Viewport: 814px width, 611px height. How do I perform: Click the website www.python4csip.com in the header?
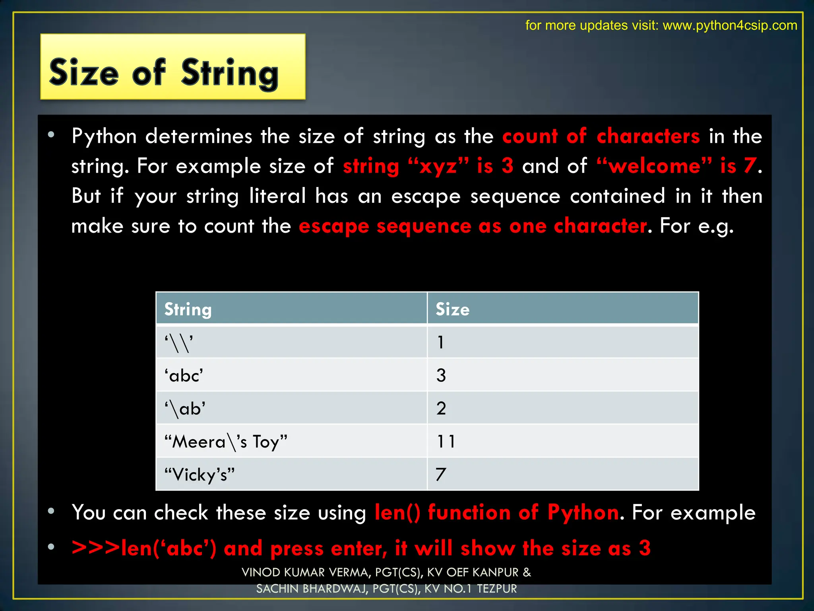click(x=730, y=25)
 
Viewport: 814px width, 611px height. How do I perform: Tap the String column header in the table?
click(x=188, y=309)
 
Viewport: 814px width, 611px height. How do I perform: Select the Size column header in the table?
click(x=452, y=309)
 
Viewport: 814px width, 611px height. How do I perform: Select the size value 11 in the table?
click(x=446, y=442)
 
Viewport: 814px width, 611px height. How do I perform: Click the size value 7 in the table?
click(x=441, y=475)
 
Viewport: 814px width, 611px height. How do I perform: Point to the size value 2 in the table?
click(x=441, y=409)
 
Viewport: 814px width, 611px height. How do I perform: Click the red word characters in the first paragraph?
click(x=648, y=136)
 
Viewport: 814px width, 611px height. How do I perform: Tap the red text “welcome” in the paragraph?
click(x=654, y=166)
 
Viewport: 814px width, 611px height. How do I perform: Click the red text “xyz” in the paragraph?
click(x=438, y=166)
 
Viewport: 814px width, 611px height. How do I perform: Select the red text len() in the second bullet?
click(x=397, y=512)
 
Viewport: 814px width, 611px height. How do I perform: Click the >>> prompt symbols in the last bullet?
click(x=96, y=548)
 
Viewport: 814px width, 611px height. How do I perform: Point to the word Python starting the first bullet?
click(x=104, y=136)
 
